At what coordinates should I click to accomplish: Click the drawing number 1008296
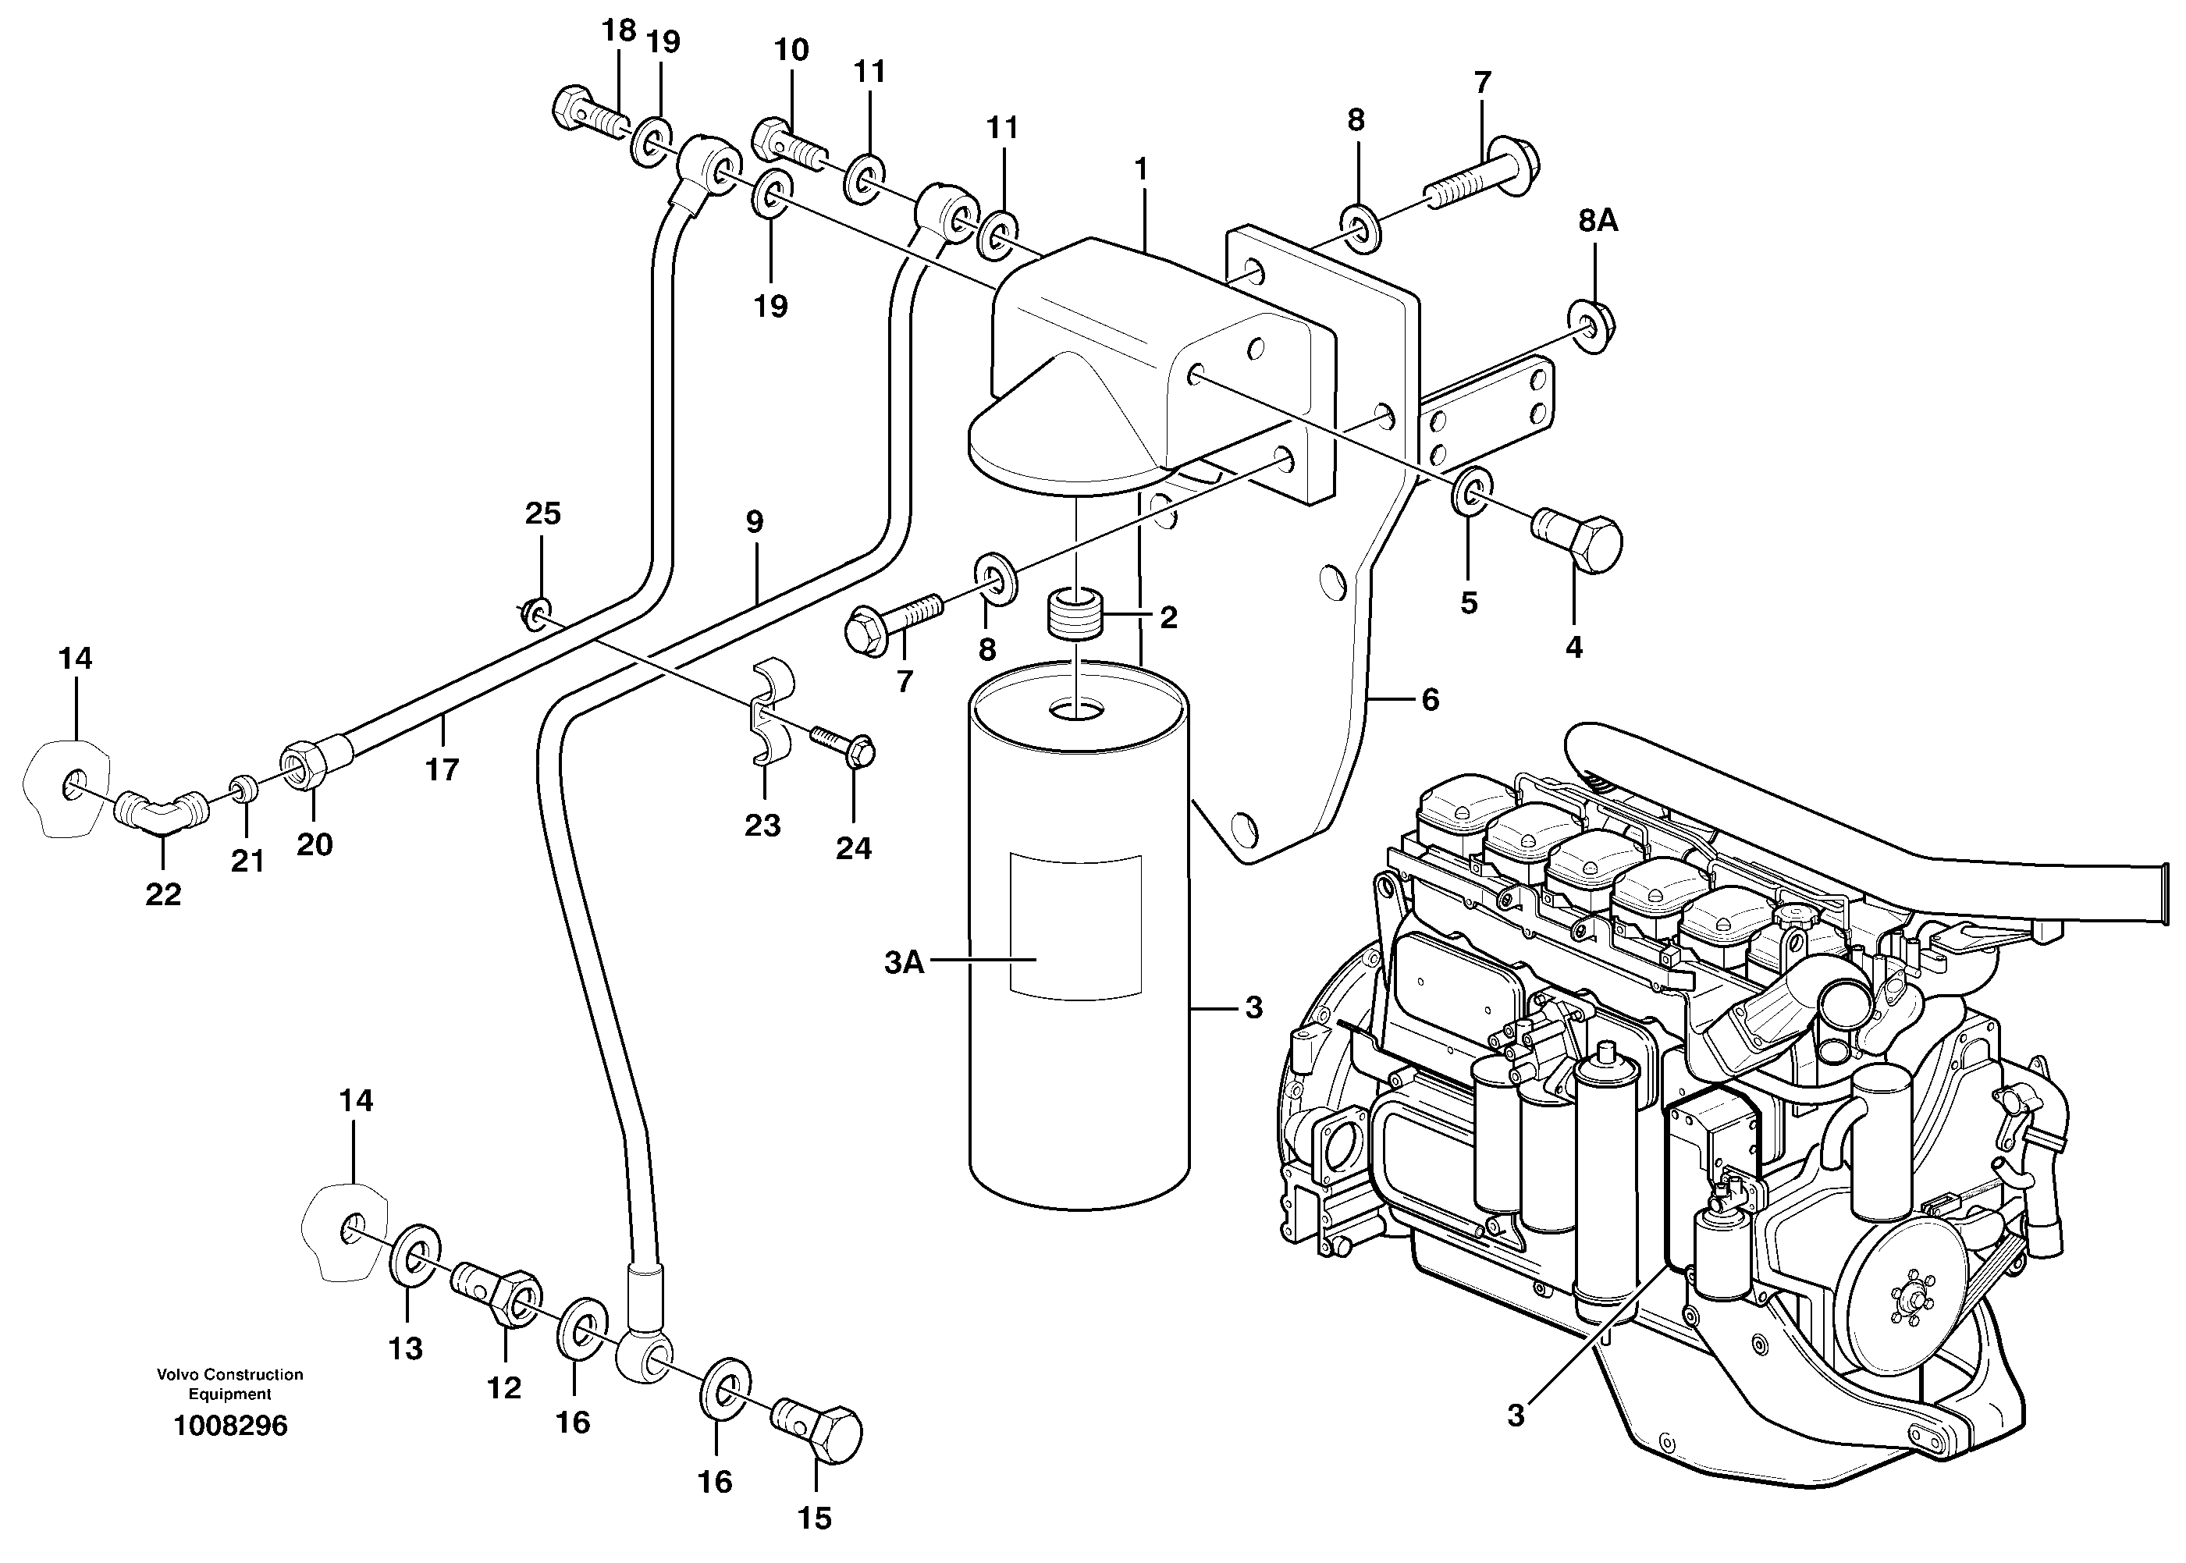point(230,1426)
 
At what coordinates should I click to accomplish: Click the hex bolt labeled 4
point(1579,542)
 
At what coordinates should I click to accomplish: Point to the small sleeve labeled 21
point(243,791)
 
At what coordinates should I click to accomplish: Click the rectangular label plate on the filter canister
point(1075,924)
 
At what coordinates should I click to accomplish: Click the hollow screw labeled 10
point(787,141)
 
